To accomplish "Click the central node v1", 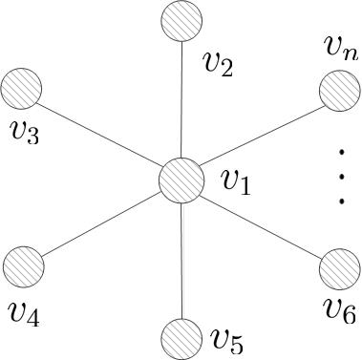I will pyautogui.click(x=181, y=180).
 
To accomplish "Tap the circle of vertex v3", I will pyautogui.click(x=22, y=90).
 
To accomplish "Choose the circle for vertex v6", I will pyautogui.click(x=337, y=268).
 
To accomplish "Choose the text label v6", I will pyautogui.click(x=339, y=309).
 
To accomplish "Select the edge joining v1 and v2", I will pyautogui.click(x=180, y=100).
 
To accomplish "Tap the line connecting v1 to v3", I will pyautogui.click(x=100, y=135).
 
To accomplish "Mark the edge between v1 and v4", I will pyautogui.click(x=101, y=223).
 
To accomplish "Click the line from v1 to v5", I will pyautogui.click(x=180, y=260).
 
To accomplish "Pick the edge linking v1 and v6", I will pyautogui.click(x=260, y=224).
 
